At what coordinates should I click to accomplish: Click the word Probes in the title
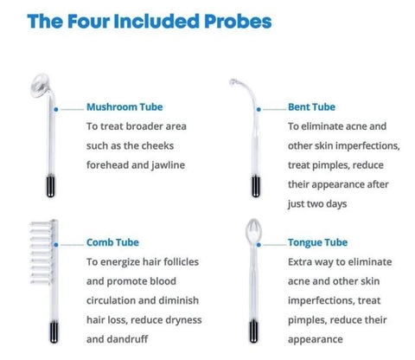[x=238, y=22]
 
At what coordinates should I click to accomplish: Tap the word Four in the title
[x=89, y=22]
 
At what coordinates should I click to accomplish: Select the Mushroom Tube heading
[x=124, y=107]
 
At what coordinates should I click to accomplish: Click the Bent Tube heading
[x=311, y=107]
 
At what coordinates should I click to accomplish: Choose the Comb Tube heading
[x=112, y=242]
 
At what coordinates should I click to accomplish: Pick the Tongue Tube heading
[x=317, y=242]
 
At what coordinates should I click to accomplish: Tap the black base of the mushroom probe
[x=51, y=186]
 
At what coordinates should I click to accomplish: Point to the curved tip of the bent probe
[x=233, y=82]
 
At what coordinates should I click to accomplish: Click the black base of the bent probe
[x=256, y=186]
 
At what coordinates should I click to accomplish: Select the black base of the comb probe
[x=54, y=332]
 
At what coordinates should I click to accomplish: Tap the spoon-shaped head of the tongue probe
[x=253, y=231]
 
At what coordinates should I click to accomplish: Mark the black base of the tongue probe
[x=253, y=331]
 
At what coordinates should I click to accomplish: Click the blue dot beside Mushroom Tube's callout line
[x=56, y=109]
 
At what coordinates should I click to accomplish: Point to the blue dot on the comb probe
[x=56, y=245]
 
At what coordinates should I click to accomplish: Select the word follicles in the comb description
[x=181, y=262]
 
